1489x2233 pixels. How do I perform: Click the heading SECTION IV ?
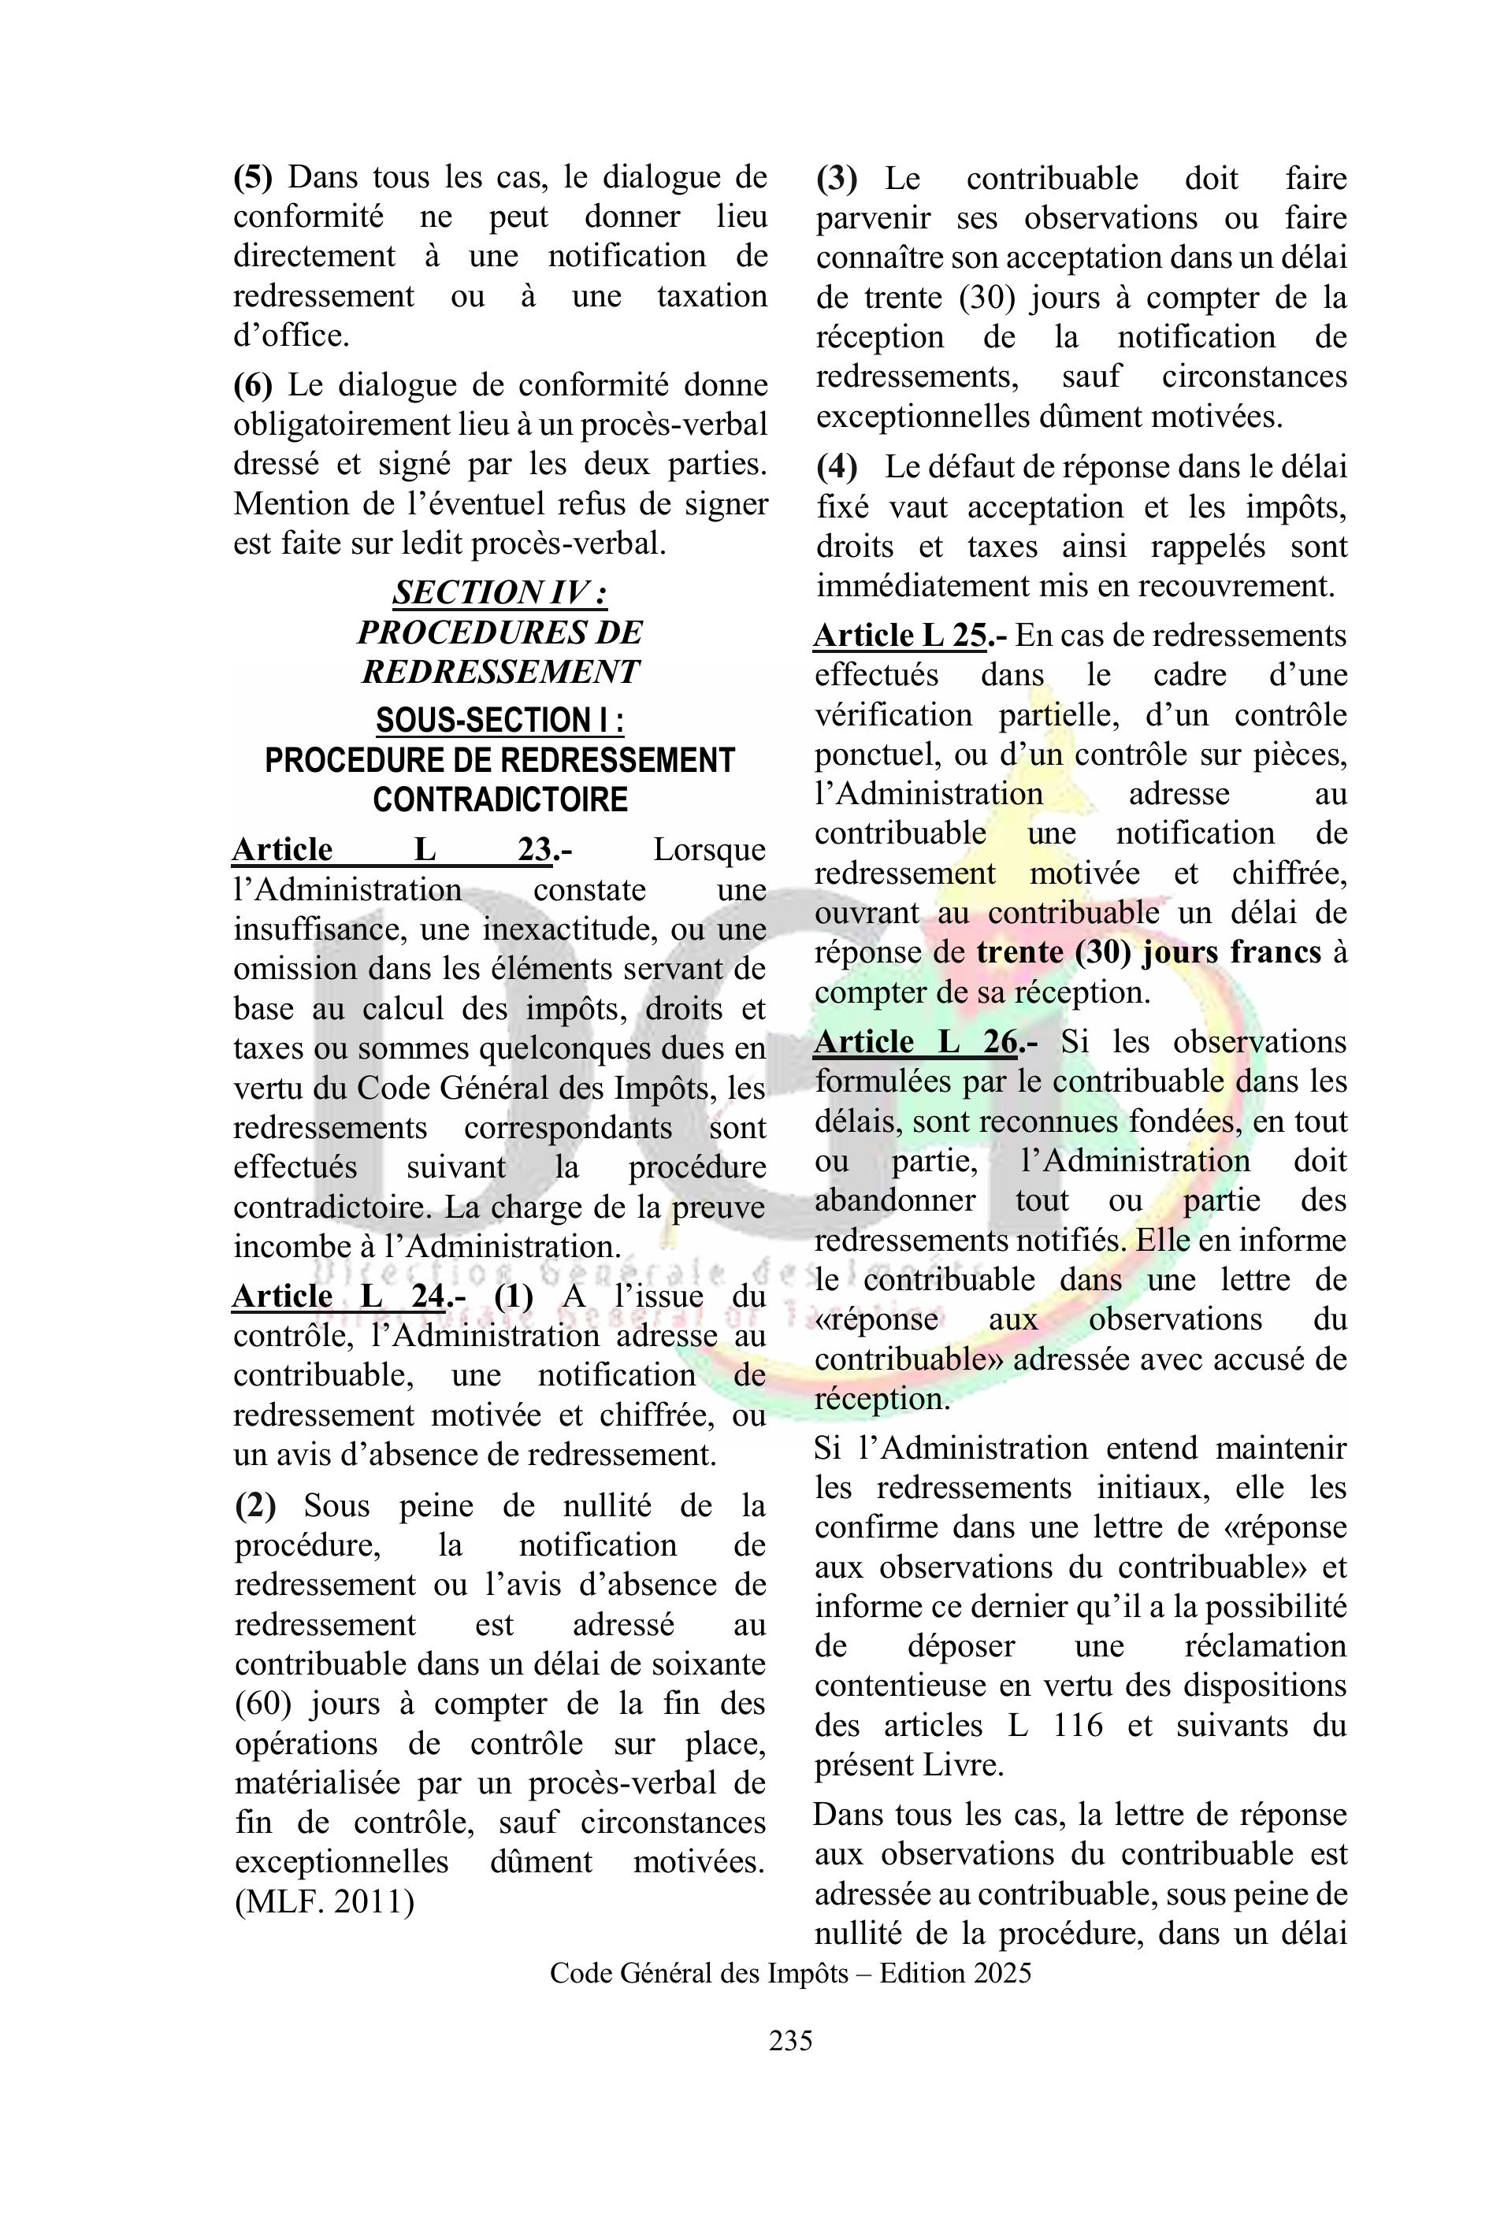coord(499,592)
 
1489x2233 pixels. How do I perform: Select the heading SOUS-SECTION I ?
coord(499,721)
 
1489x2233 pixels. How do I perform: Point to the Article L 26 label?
coord(916,1041)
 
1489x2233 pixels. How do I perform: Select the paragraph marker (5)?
coord(253,176)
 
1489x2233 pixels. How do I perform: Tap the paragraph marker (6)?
coord(253,384)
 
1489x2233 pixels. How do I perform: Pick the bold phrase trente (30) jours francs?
coord(1149,952)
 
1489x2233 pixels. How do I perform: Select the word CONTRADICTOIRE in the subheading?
coord(499,799)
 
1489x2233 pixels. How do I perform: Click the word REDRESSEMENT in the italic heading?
coord(499,671)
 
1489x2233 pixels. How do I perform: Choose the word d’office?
coord(291,335)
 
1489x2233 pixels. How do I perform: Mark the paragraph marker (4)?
coord(837,467)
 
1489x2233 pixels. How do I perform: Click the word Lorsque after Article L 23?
coord(708,850)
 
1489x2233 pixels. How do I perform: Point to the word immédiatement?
coord(923,586)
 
